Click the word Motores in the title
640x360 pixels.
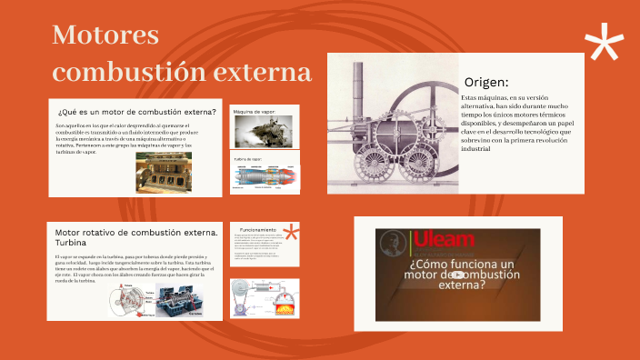click(105, 36)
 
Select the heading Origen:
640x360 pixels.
click(485, 82)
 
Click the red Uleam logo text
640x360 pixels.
click(445, 241)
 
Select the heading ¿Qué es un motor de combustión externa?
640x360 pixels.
click(136, 112)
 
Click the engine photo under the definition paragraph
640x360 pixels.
click(164, 172)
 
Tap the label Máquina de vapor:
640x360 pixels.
click(254, 112)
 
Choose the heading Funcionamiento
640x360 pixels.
click(257, 230)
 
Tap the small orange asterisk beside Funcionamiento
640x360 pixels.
click(292, 234)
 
